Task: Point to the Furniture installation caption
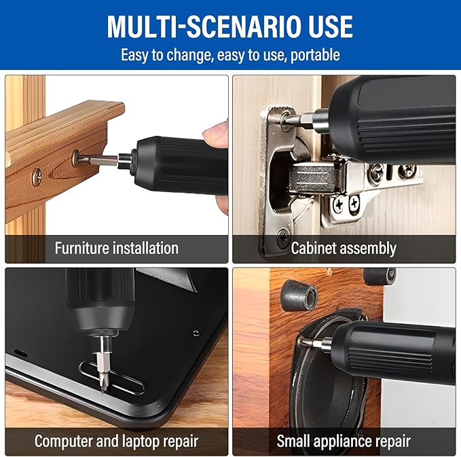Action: [x=116, y=249]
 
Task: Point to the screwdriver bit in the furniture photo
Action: [x=102, y=160]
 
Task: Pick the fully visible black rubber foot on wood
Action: [x=299, y=294]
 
